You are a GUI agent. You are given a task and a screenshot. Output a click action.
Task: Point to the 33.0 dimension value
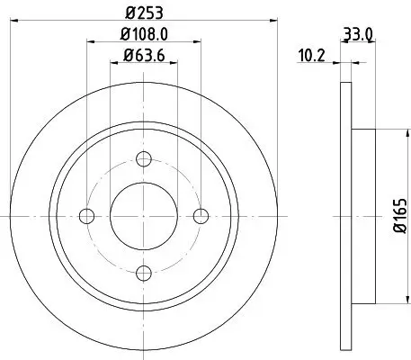(360, 35)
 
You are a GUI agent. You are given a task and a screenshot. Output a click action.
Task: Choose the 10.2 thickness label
(312, 55)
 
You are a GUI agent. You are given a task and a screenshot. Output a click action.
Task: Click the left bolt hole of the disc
(87, 216)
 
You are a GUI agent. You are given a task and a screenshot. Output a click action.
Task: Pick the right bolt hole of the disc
(201, 216)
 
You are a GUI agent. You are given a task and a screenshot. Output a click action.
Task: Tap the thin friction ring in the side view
(344, 216)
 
